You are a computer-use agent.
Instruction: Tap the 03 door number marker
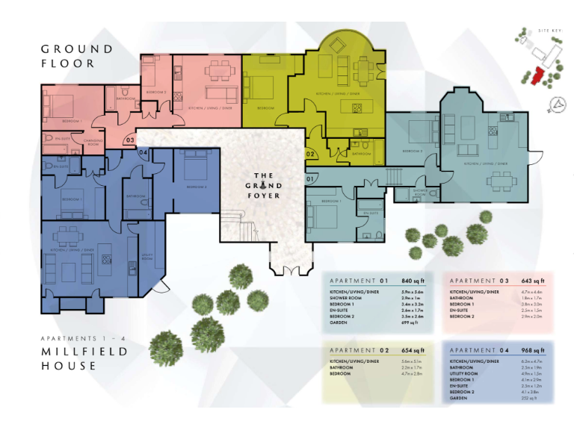(129, 140)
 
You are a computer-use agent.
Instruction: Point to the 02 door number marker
(310, 154)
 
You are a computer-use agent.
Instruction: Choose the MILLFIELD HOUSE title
(73, 358)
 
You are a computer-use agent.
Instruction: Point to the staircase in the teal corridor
(393, 176)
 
